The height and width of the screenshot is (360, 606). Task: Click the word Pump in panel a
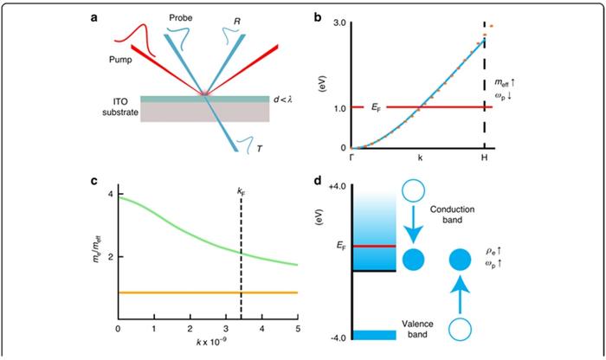(120, 60)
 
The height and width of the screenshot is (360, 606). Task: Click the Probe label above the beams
(180, 18)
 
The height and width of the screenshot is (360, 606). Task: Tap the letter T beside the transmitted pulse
(260, 148)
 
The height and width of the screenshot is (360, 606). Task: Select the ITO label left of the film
(121, 102)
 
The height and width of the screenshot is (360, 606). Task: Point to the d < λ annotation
(283, 100)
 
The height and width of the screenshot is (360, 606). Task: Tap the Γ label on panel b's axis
(351, 157)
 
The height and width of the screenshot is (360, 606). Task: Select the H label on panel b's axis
(484, 157)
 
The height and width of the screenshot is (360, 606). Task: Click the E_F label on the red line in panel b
(376, 107)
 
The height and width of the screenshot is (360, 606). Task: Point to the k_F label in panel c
(242, 190)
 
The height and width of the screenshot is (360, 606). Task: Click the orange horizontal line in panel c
(208, 292)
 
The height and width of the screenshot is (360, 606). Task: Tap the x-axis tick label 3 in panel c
(226, 329)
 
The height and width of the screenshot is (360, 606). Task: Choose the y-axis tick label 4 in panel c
(111, 194)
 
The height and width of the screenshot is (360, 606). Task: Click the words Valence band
(417, 329)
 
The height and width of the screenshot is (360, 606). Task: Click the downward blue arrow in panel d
(414, 225)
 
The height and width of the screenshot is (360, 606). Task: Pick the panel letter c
(93, 181)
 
